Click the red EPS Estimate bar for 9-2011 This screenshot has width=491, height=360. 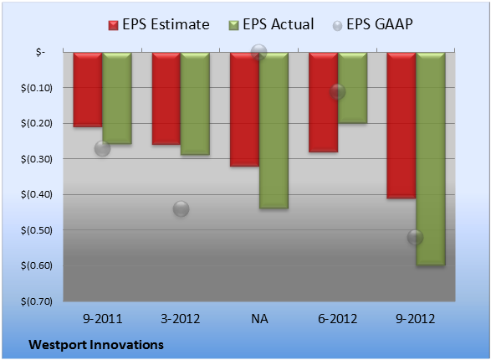(88, 90)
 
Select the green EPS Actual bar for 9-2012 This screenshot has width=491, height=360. (431, 159)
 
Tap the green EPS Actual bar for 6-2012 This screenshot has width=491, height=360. (353, 88)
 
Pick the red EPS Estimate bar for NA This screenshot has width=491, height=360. (244, 110)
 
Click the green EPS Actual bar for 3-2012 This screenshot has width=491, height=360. (195, 103)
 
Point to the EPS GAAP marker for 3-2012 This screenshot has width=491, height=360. (181, 208)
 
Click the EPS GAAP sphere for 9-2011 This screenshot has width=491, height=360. (102, 148)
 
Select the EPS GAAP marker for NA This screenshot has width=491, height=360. (259, 52)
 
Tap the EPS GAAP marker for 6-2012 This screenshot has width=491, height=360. (337, 92)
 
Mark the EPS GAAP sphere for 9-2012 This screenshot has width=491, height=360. (415, 237)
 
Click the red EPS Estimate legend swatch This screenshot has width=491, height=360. (113, 25)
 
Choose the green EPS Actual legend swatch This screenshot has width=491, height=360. (233, 25)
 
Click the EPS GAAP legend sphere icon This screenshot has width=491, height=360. (337, 26)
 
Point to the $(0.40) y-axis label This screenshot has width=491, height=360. (37, 194)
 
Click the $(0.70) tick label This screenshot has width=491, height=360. (37, 301)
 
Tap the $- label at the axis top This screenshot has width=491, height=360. (40, 52)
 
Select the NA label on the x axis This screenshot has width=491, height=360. (259, 319)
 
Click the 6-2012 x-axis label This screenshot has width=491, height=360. (338, 319)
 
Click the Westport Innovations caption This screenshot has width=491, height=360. (96, 345)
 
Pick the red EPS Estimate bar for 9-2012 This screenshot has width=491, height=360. (401, 126)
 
